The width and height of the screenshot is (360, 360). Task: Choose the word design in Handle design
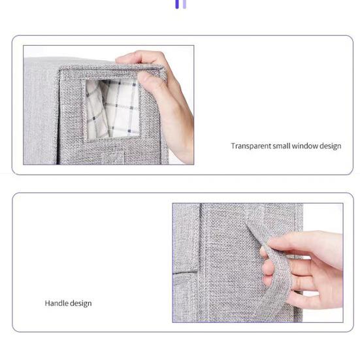point(79,303)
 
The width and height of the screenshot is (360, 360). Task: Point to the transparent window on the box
point(111,108)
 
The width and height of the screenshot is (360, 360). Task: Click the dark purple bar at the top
point(176,4)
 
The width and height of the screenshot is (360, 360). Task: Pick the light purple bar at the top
point(184,4)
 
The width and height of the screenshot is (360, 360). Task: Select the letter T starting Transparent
point(233,146)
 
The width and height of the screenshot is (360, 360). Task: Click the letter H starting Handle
point(47,303)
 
